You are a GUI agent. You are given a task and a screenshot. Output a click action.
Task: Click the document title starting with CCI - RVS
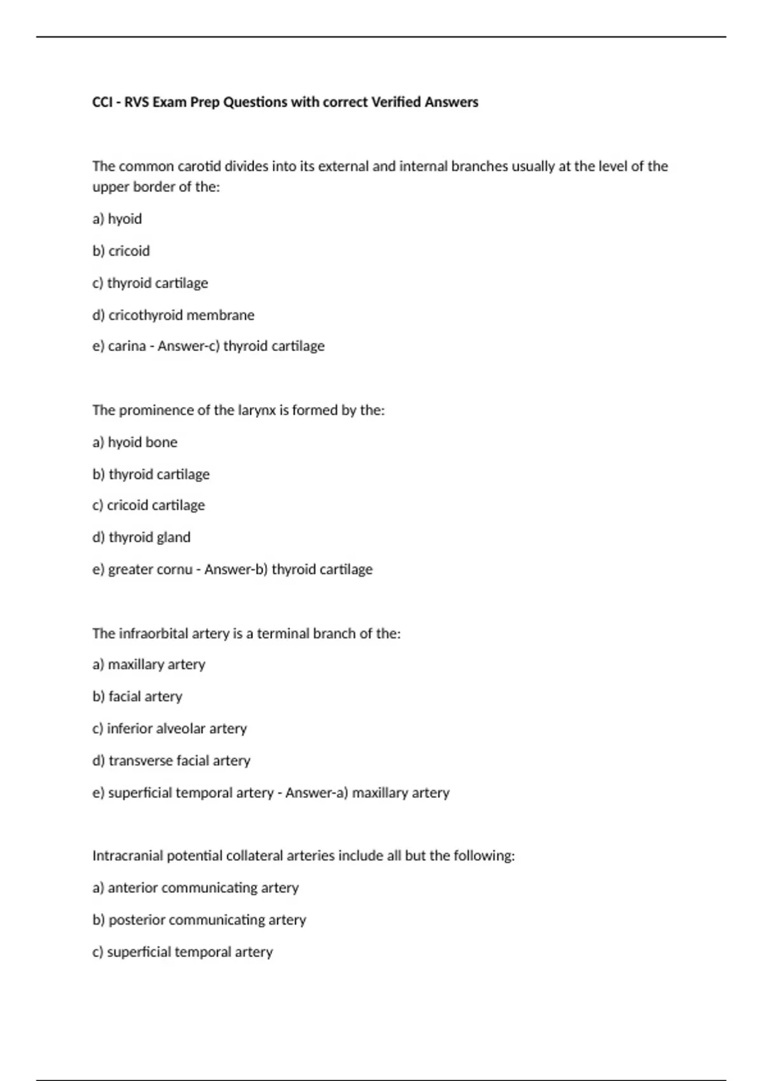tap(285, 102)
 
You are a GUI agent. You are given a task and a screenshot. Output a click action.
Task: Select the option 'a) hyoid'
tap(117, 219)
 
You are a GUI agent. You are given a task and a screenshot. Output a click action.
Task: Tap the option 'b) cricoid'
tap(121, 251)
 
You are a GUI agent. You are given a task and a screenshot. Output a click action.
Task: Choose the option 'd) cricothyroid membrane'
tap(173, 315)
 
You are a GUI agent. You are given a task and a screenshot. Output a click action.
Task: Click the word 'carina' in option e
tap(127, 347)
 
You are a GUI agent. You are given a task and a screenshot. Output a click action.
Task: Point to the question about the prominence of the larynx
tap(238, 410)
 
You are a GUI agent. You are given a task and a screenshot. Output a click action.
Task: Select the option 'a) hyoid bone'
tap(135, 443)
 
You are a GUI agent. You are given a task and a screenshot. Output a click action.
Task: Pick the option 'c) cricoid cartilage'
tap(148, 506)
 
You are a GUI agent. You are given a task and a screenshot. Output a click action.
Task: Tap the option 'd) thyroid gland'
tap(141, 538)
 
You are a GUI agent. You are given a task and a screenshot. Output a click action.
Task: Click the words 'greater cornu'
tap(150, 570)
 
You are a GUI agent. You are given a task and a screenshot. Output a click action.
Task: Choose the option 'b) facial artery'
tap(137, 697)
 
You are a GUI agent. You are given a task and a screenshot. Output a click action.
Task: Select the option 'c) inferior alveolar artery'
tap(169, 729)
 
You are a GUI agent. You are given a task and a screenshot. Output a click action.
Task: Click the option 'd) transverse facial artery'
tap(171, 761)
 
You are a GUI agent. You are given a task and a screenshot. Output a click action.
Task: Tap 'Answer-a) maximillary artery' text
tap(367, 793)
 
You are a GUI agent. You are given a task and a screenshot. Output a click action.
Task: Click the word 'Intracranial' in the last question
tap(127, 856)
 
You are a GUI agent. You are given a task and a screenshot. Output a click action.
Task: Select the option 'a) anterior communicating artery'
tap(195, 888)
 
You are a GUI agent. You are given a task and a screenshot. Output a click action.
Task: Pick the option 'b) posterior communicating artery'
tap(199, 920)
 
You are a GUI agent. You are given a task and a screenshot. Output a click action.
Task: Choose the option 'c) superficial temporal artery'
tap(182, 952)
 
